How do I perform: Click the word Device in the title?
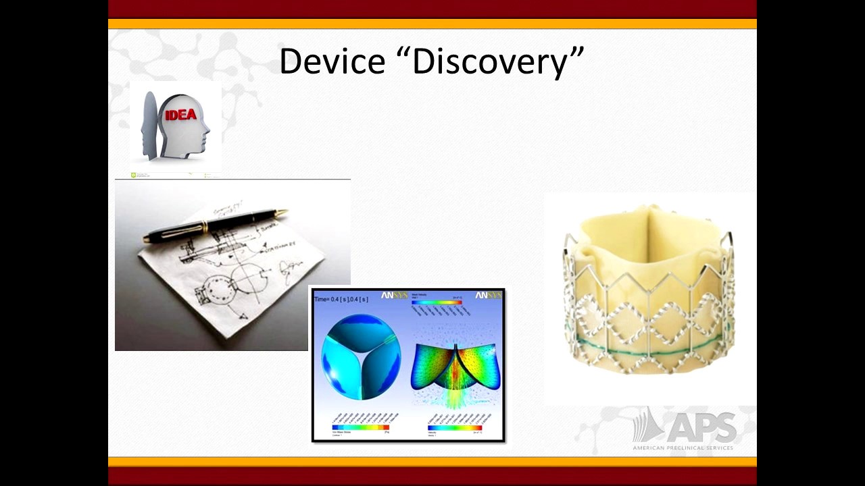(x=332, y=61)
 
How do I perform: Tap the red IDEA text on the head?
(x=180, y=115)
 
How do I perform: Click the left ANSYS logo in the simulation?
(x=395, y=296)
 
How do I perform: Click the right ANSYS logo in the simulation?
(x=488, y=296)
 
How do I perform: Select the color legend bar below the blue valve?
(x=360, y=427)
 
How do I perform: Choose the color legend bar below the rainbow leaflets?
(x=455, y=428)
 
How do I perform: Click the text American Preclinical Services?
(x=683, y=448)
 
